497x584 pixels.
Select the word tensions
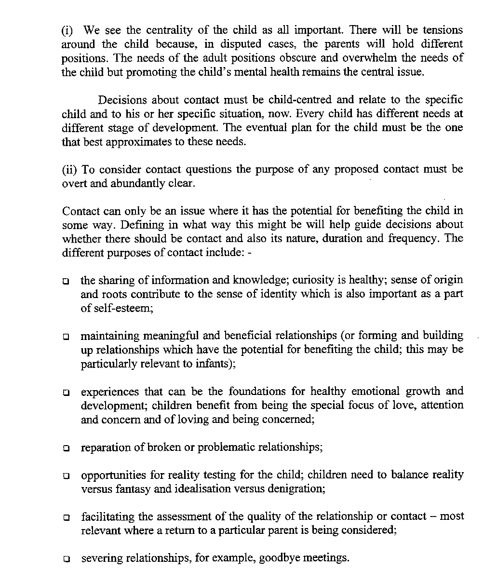coord(443,30)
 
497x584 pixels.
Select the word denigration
coord(296,489)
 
